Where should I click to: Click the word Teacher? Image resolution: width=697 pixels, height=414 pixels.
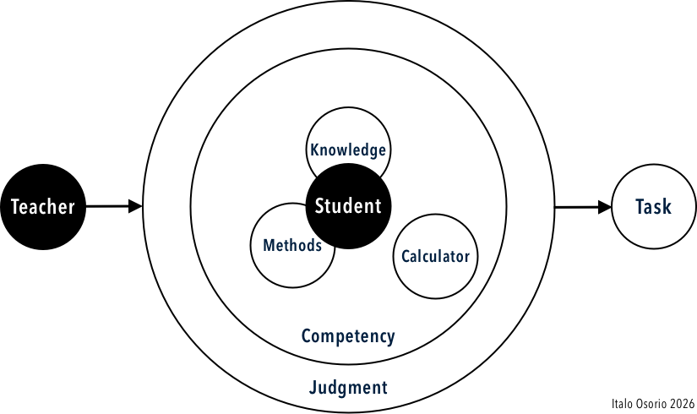point(42,207)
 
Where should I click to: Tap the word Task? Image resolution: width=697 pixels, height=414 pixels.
point(653,207)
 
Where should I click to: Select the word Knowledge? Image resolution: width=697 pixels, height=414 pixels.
point(348,150)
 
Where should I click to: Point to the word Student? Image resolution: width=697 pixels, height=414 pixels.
point(348,205)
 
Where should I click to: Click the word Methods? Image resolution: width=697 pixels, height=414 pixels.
point(292,246)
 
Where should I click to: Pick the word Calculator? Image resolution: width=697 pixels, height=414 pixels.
point(435,256)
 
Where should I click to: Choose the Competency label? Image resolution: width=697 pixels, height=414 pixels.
point(348,336)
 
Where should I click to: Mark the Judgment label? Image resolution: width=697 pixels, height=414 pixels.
point(348,388)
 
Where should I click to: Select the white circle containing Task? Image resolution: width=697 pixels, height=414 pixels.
point(653,224)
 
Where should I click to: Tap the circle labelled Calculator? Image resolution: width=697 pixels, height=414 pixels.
point(435,275)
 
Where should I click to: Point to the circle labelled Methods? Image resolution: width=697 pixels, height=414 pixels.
point(287,266)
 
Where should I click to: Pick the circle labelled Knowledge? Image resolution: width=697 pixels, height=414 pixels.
point(348,127)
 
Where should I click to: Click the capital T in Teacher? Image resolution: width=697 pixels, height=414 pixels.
point(14,207)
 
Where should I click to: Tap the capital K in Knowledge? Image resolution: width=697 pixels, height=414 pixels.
point(314,150)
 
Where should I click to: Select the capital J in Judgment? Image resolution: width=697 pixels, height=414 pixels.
point(313,388)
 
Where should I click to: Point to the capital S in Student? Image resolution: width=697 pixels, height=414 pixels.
point(319,205)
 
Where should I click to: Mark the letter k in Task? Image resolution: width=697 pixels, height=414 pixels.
point(667,207)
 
